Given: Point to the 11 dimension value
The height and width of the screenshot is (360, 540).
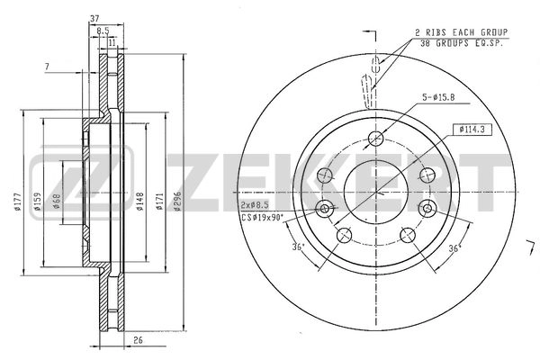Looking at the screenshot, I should tap(112, 41).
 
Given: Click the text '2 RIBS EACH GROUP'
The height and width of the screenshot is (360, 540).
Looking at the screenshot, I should tap(461, 32).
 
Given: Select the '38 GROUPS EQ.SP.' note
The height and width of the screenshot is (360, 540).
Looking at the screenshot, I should tap(461, 42).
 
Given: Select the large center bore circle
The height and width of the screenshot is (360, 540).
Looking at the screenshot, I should tap(377, 191).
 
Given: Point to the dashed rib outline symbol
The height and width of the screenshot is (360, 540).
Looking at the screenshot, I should tap(369, 89).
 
